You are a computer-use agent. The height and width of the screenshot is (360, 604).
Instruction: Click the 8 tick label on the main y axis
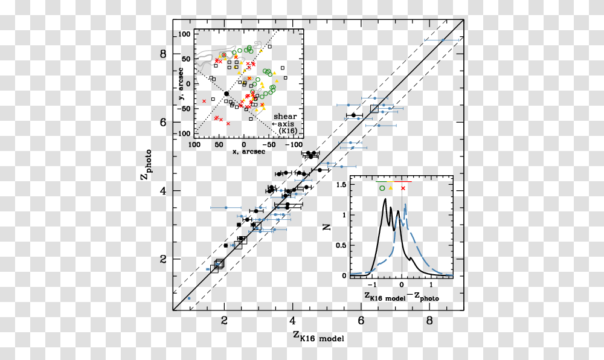[162, 54]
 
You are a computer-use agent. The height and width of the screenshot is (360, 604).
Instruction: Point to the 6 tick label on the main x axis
[361, 321]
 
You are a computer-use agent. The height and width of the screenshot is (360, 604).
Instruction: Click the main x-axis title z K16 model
[318, 336]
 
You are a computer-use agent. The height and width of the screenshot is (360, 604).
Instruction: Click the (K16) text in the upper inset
[288, 130]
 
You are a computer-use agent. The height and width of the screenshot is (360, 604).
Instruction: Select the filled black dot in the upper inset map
[226, 94]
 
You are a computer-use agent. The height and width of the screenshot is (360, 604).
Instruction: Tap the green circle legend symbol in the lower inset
[382, 189]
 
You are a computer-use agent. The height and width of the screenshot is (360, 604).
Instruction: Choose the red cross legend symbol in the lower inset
[403, 189]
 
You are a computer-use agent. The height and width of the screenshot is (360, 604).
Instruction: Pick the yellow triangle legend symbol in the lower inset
[391, 189]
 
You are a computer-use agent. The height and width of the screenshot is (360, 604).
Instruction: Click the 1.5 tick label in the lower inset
[341, 185]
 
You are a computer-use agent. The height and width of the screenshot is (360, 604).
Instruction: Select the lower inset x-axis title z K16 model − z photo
[401, 297]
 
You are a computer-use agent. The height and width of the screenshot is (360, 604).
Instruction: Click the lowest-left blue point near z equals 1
[189, 298]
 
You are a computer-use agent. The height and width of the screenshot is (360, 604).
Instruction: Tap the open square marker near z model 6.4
[374, 109]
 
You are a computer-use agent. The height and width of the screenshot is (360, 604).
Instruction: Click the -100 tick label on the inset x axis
[294, 145]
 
